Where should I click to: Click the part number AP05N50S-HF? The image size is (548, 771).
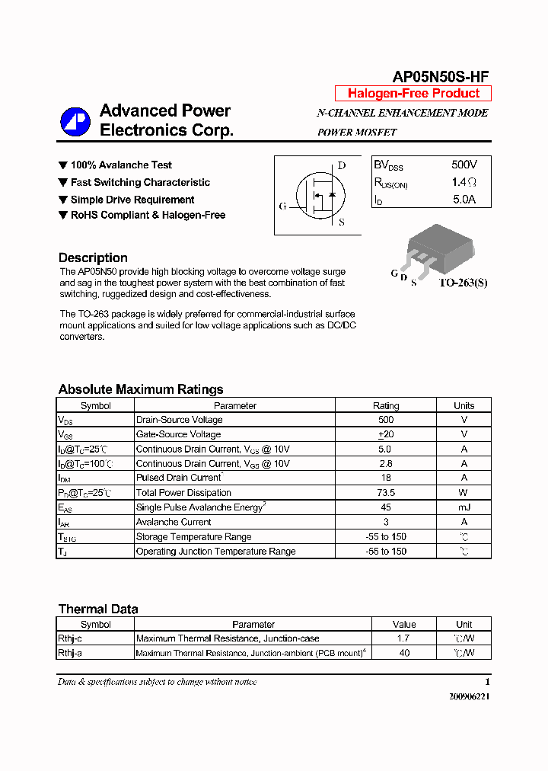coord(440,76)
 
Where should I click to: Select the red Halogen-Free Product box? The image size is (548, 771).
coord(413,94)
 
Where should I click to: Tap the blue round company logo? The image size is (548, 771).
coord(75,121)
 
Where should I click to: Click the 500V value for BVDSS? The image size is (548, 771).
coord(464,165)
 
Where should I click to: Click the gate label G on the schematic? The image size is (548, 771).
coord(282,206)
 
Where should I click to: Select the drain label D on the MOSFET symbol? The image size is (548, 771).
coord(342,165)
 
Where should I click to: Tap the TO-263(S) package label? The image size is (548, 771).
coord(463,282)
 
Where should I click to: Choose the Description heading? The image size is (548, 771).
coord(93,258)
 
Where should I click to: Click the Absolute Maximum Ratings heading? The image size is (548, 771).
coord(141,389)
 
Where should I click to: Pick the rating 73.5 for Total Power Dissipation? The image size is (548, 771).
coord(386,493)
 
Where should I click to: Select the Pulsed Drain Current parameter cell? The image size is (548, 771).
coord(179,478)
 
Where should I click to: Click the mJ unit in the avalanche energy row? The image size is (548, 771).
coord(464,507)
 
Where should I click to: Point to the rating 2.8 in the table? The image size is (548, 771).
coord(386,463)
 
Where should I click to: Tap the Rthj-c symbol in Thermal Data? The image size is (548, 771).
coord(70,638)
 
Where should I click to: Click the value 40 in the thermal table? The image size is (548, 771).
coord(404,653)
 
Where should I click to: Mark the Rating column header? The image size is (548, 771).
coord(386,406)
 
